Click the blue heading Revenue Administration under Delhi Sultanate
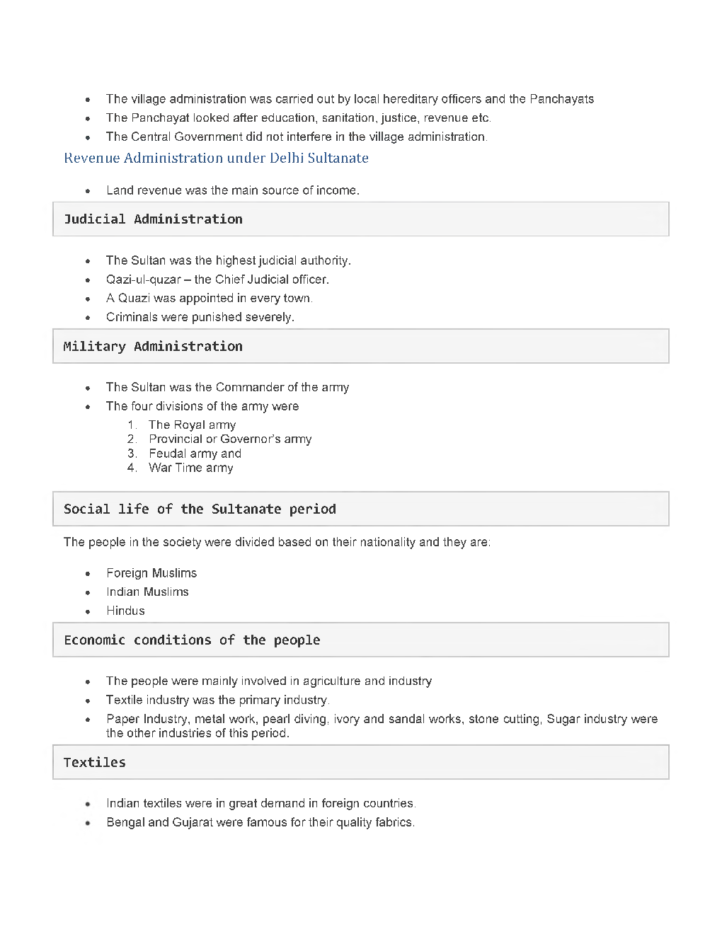pos(216,158)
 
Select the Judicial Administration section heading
pos(153,219)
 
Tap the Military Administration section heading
pos(153,347)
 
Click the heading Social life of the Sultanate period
pos(200,509)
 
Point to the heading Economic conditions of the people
pos(192,640)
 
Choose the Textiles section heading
pos(95,763)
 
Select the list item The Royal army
pos(192,425)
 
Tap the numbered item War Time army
pos(190,468)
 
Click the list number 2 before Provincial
pos(132,439)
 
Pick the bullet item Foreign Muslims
pos(151,573)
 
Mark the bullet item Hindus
pos(125,611)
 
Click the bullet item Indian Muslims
pos(147,592)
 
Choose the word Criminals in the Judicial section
pos(132,318)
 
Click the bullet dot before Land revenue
pos(88,191)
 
